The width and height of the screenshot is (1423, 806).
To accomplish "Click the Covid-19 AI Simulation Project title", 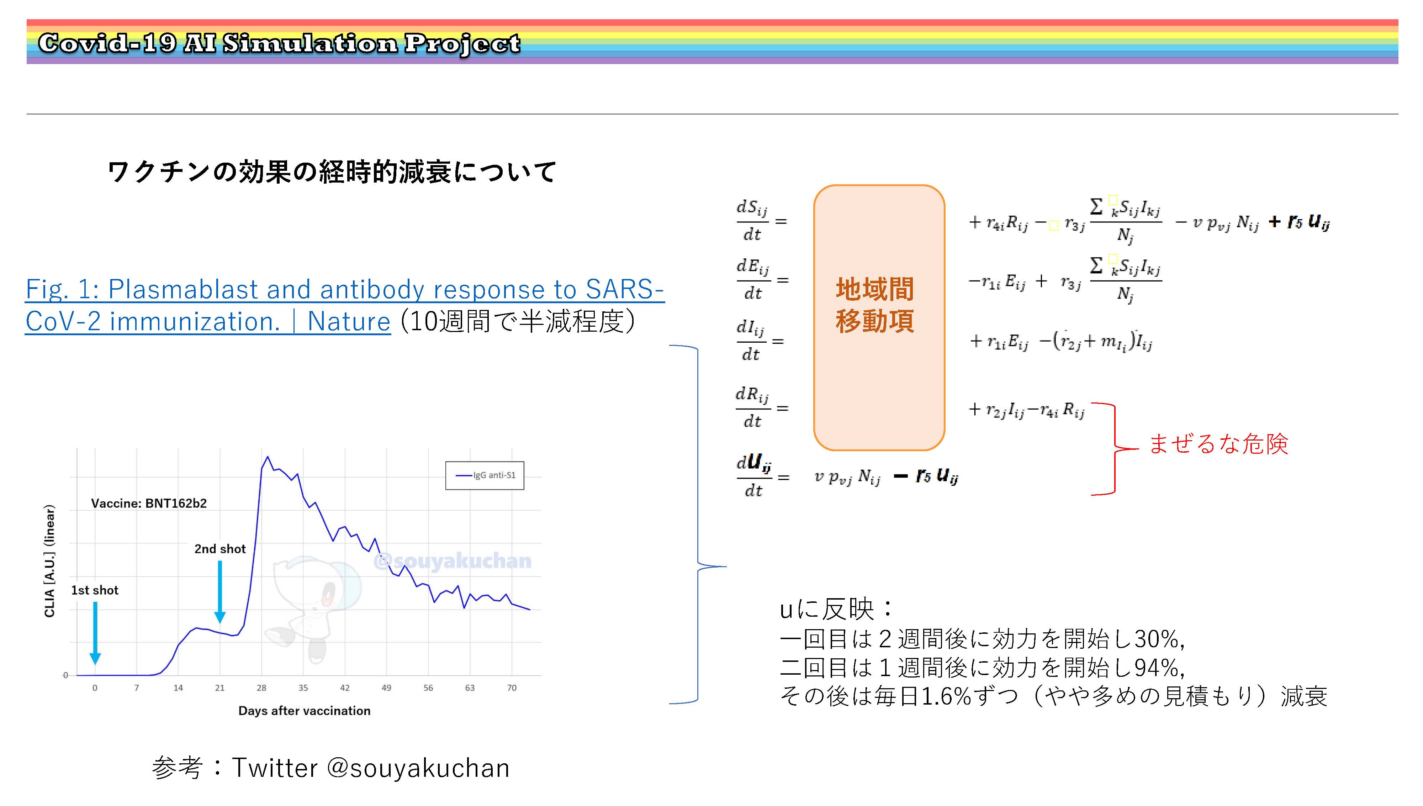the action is click(x=279, y=43).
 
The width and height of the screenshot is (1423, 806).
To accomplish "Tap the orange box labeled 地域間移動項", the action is click(x=879, y=318).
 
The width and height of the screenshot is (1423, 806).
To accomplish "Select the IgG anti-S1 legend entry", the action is click(x=485, y=475).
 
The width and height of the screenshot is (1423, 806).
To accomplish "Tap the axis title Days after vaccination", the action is click(x=304, y=711).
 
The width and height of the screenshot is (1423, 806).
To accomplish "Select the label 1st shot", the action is click(x=95, y=590).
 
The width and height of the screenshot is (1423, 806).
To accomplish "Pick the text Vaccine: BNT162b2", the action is click(x=149, y=503).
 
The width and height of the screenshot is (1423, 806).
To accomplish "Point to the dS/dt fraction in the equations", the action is click(x=752, y=220).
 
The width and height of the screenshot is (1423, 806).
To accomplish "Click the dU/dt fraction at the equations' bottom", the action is click(x=753, y=476).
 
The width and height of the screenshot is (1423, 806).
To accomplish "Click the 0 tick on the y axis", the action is click(x=65, y=675).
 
